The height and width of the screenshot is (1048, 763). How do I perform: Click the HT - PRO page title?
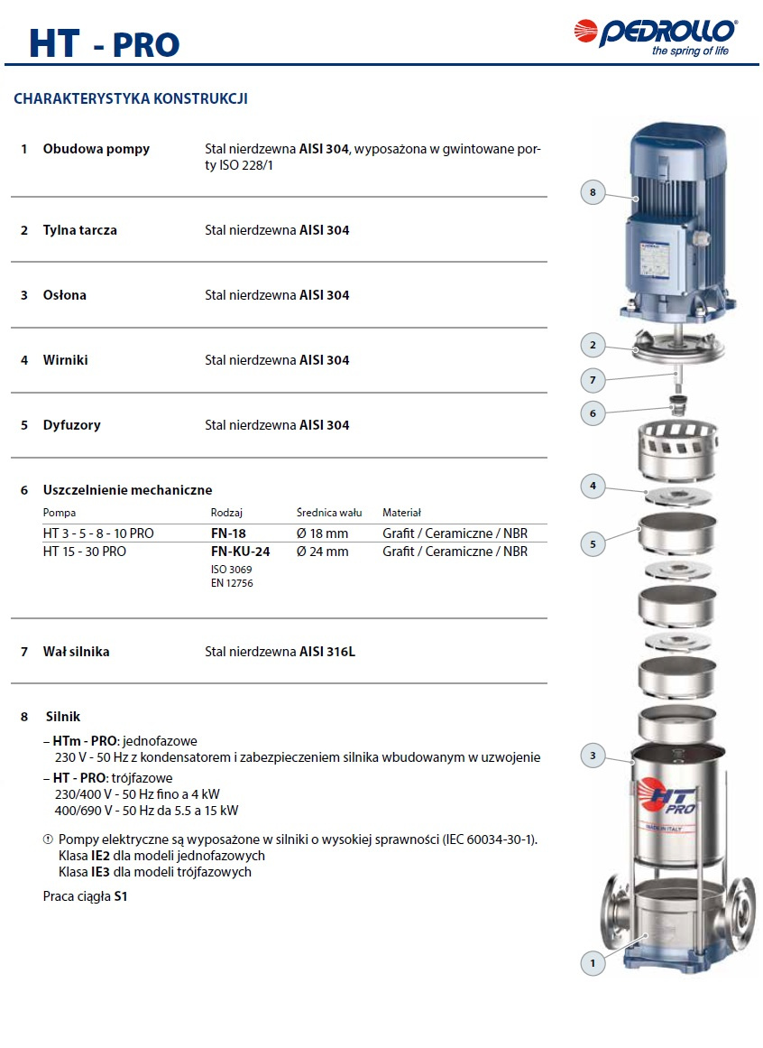[104, 43]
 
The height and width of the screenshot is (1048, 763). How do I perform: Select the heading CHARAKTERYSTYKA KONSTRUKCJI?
[131, 99]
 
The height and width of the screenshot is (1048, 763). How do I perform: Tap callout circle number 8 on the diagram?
[593, 192]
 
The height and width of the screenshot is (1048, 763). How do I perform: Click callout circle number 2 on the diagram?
[593, 344]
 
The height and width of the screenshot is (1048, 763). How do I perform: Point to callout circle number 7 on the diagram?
[593, 379]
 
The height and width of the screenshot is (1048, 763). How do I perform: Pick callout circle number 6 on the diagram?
[593, 413]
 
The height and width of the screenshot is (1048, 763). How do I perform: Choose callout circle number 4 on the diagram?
[593, 487]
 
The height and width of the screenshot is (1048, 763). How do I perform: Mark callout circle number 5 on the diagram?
[593, 543]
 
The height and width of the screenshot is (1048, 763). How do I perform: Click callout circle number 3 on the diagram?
[593, 756]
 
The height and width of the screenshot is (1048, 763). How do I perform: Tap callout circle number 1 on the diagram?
[593, 963]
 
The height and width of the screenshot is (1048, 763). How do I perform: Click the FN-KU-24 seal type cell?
[240, 552]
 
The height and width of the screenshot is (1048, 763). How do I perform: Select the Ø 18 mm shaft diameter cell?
[322, 533]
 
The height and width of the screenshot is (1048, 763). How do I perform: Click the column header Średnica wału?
[329, 513]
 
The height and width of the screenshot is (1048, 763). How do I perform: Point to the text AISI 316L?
[327, 652]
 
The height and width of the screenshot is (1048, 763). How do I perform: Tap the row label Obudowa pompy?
[97, 149]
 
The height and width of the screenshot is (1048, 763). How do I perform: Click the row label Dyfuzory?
[72, 425]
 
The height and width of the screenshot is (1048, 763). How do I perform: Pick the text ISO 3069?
[231, 570]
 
